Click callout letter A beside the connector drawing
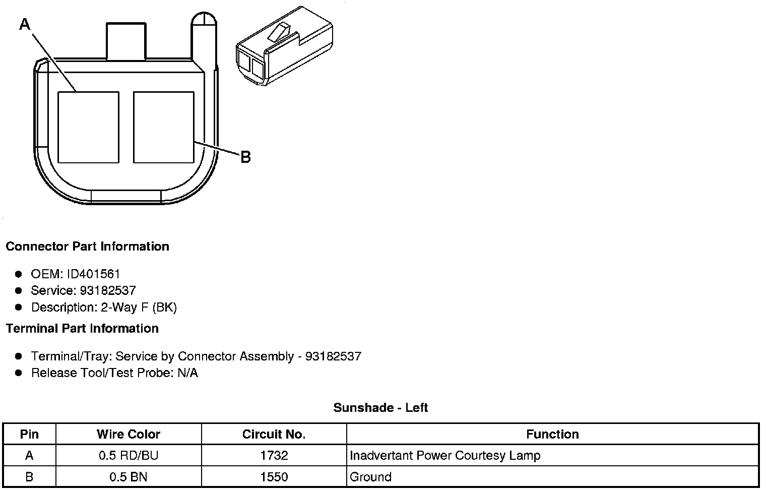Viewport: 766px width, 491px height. click(25, 24)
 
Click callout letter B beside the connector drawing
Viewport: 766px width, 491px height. click(246, 157)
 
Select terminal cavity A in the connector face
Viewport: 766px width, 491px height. click(89, 127)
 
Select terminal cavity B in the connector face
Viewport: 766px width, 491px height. click(164, 127)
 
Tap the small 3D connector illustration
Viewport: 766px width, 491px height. click(284, 46)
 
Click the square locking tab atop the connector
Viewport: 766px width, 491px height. click(126, 41)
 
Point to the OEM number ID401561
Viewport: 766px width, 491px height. click(93, 274)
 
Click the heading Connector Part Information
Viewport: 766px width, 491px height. click(88, 247)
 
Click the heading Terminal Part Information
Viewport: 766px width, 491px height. click(83, 329)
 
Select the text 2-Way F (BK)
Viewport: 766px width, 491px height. click(139, 308)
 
